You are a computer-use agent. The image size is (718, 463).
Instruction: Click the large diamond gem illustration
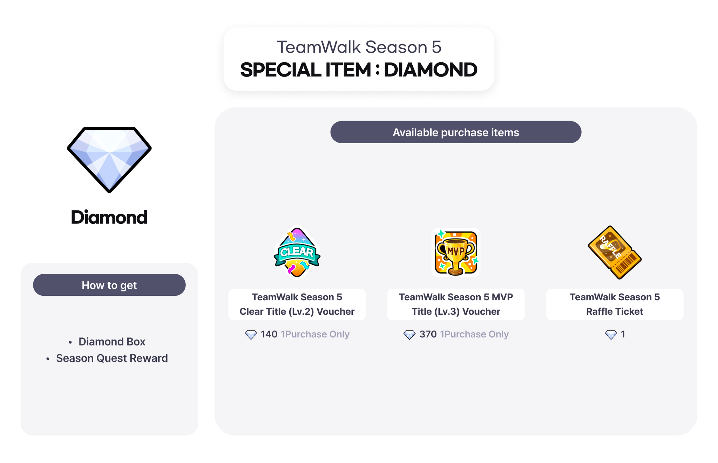[x=109, y=160]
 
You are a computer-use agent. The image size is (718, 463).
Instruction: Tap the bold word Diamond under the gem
[x=109, y=217]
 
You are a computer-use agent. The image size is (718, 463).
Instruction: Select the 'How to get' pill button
[x=109, y=285]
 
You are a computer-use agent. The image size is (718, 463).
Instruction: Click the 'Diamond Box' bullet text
[x=112, y=342]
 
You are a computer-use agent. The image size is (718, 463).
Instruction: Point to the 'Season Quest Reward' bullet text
[x=112, y=358]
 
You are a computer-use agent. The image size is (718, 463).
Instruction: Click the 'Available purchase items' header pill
[x=456, y=132]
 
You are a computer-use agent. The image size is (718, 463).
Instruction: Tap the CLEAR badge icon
[x=297, y=252]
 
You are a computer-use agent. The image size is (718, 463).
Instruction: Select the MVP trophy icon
[x=456, y=253]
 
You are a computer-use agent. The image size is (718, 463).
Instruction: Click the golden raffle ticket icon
[x=615, y=253]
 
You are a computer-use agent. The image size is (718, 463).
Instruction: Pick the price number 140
[x=269, y=334]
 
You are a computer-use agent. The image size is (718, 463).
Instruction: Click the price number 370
[x=428, y=334]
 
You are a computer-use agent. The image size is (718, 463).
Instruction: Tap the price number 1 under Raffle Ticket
[x=623, y=334]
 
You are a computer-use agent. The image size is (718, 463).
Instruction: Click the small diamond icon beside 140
[x=251, y=335]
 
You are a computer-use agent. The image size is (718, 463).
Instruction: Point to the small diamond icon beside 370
[x=409, y=335]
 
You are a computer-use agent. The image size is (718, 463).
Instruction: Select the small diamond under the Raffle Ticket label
[x=611, y=335]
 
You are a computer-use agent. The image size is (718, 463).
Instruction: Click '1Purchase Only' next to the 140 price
[x=315, y=334]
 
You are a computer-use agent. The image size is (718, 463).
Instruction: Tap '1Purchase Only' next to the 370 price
[x=474, y=334]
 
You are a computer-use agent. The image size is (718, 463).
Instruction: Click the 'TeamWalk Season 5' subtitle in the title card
[x=359, y=47]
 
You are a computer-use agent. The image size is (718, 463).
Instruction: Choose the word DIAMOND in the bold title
[x=431, y=70]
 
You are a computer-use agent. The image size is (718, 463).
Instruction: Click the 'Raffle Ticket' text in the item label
[x=615, y=311]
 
